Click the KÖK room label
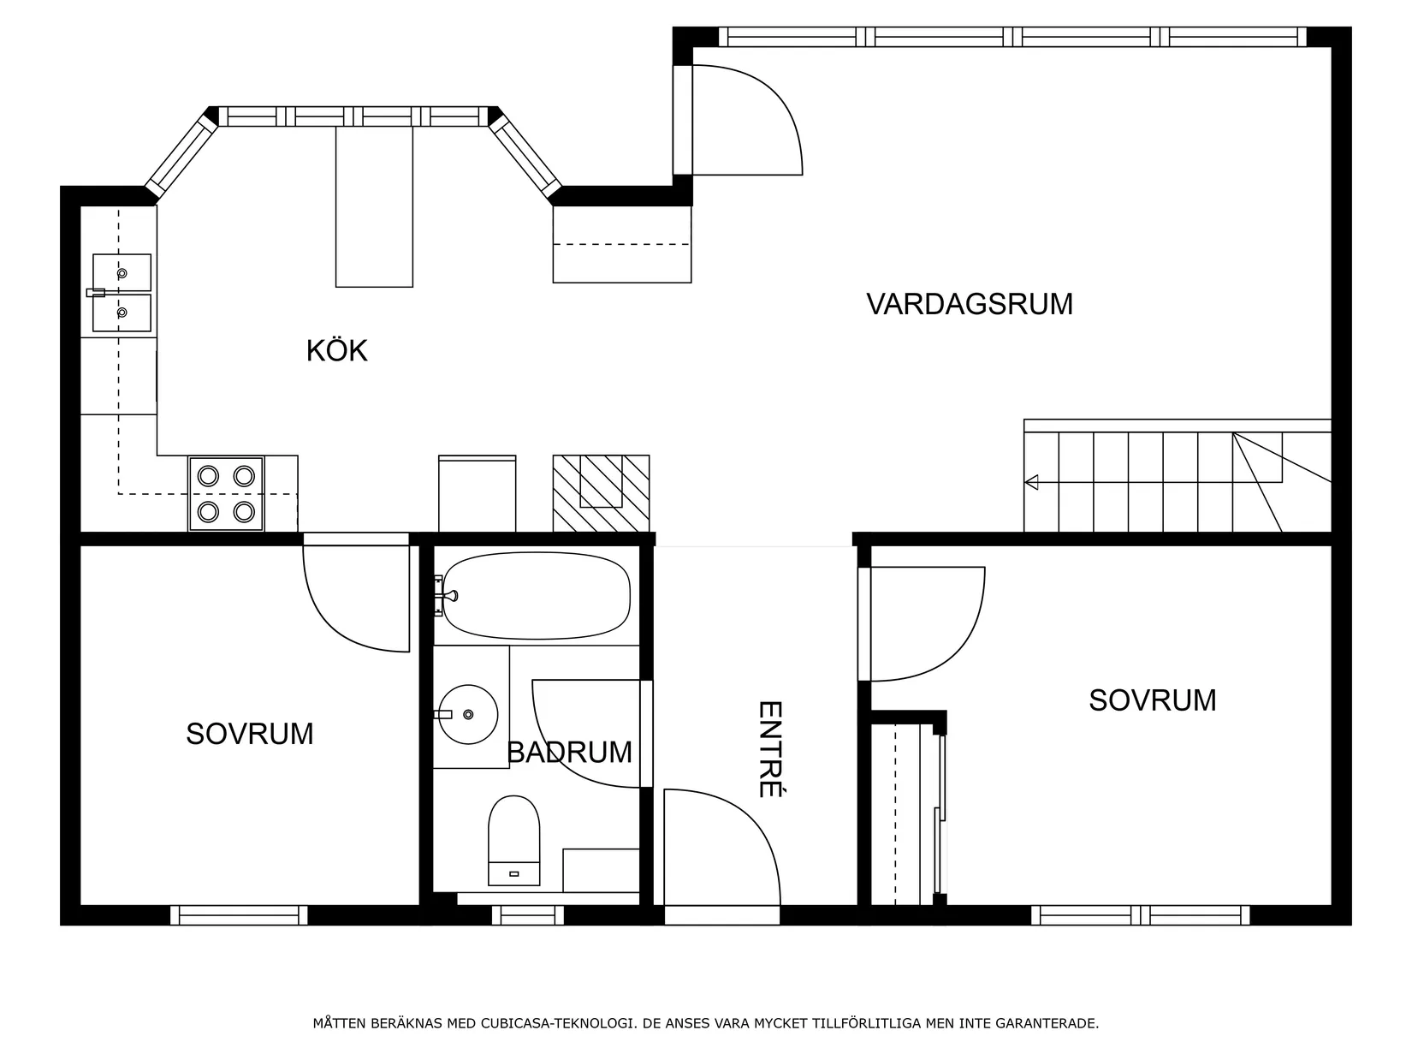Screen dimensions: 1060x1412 click(x=337, y=351)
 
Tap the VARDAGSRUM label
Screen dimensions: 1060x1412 click(x=969, y=305)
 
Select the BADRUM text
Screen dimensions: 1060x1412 click(x=569, y=753)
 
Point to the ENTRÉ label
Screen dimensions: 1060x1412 click(x=771, y=749)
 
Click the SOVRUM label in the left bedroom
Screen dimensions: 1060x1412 click(x=250, y=734)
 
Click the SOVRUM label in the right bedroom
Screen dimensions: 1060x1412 click(x=1152, y=700)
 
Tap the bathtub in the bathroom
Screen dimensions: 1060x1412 click(x=537, y=597)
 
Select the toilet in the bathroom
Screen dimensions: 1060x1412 click(x=513, y=839)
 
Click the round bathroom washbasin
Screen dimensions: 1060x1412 click(x=468, y=713)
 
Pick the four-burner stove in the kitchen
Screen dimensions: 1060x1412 click(x=226, y=493)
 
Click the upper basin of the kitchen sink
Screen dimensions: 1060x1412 click(x=122, y=272)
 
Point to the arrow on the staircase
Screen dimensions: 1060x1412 click(x=1031, y=482)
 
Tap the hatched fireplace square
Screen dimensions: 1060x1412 click(x=601, y=493)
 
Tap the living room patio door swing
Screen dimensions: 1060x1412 click(x=745, y=120)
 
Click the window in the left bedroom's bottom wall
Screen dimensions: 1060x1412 click(x=239, y=915)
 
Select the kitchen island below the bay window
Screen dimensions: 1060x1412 click(x=374, y=206)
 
